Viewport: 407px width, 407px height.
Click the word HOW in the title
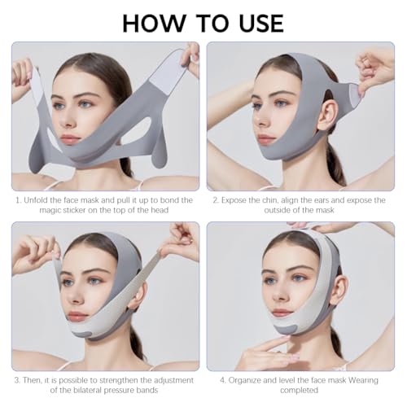click(153, 24)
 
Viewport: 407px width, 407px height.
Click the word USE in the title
click(261, 24)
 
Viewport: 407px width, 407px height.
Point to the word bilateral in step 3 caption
click(90, 390)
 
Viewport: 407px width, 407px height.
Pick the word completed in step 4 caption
click(299, 391)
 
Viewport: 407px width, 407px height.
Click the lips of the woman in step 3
click(77, 315)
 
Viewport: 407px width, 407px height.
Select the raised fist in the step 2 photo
click(373, 67)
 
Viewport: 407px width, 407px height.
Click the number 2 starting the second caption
click(215, 200)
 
